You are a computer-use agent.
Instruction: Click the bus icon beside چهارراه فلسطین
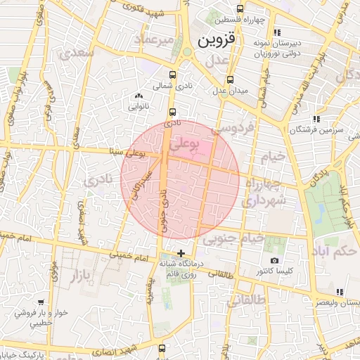tap(240, 9)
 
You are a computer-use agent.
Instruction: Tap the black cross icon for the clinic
tap(181, 252)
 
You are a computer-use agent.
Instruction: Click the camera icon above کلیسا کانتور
tap(274, 261)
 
